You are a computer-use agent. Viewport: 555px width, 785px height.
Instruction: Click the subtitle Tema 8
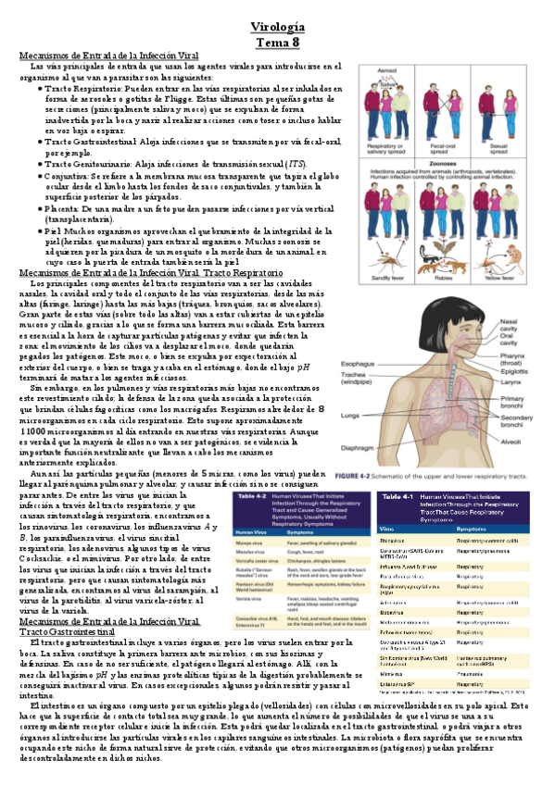coord(277,42)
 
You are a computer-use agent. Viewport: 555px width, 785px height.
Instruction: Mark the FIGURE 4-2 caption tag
coord(382,475)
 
